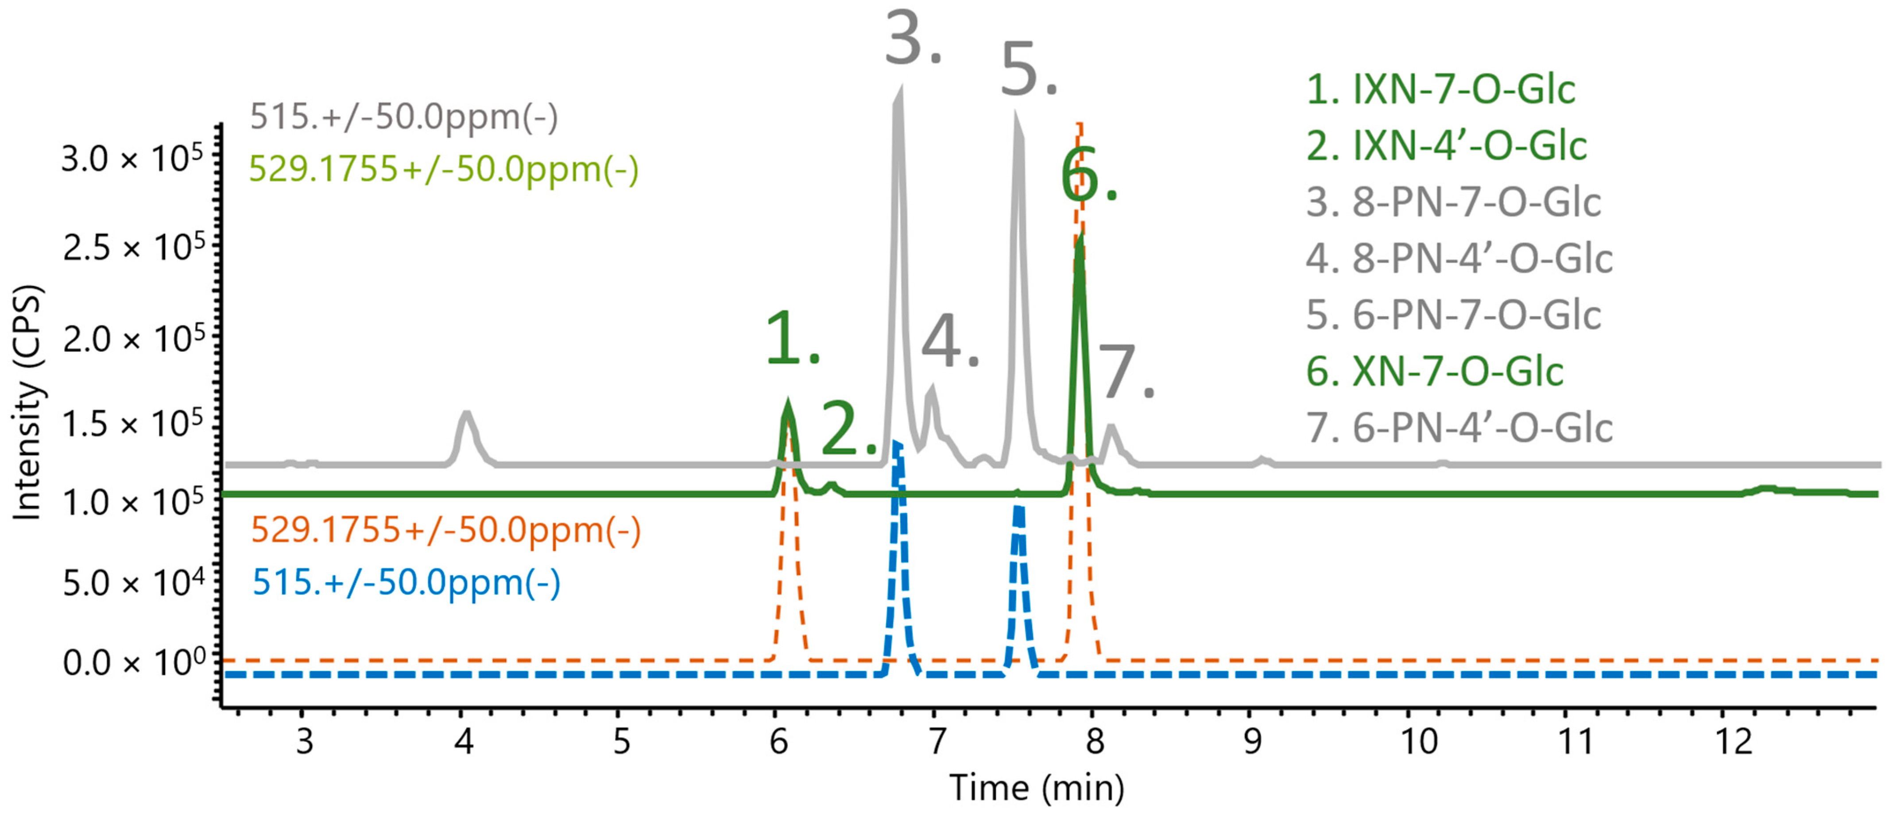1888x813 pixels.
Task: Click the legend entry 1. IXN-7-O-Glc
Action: coord(1440,89)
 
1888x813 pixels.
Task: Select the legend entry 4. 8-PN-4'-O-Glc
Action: coord(1459,259)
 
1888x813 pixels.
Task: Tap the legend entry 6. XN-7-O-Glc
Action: coord(1434,372)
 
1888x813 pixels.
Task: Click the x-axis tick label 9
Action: coord(1253,742)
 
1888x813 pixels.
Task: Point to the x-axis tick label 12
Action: coord(1734,742)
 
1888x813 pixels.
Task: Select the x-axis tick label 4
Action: coord(463,742)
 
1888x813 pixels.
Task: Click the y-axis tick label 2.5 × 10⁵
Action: coord(132,248)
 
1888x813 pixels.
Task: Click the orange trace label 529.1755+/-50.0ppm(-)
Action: coord(445,529)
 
